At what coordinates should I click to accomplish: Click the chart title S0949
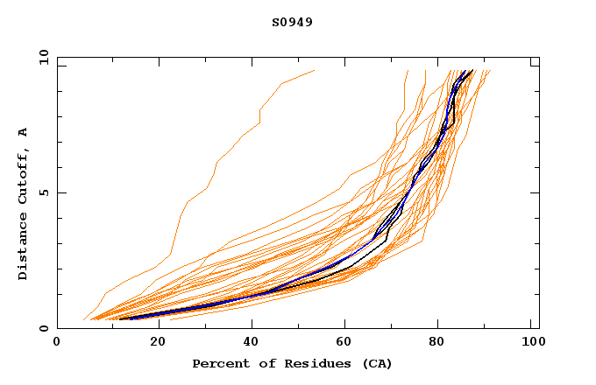coord(292,22)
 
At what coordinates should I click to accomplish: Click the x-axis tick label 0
coord(57,344)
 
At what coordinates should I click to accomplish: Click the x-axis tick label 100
coord(531,344)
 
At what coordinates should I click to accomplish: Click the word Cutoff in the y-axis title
coord(24,173)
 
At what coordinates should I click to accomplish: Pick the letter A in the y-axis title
coord(24,132)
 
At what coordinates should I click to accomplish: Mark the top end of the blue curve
coord(470,72)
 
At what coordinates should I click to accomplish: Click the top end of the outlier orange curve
coord(314,70)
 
